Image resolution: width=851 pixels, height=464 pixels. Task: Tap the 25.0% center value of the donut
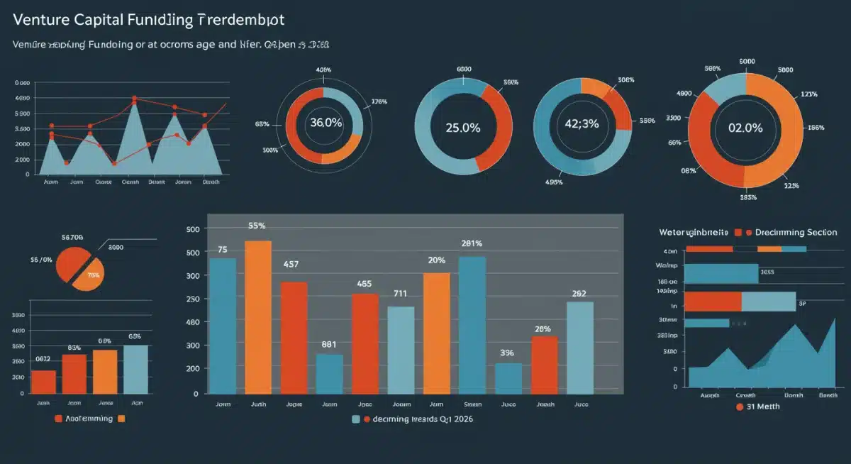click(462, 128)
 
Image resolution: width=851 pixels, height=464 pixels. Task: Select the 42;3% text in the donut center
click(581, 123)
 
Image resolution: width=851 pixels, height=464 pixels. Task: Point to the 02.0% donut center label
click(745, 128)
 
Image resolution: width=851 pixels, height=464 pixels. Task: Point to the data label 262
click(579, 293)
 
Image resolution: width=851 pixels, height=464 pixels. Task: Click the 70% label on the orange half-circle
click(93, 274)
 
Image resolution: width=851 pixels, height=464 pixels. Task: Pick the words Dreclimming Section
click(796, 233)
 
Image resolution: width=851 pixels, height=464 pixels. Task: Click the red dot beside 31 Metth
click(740, 407)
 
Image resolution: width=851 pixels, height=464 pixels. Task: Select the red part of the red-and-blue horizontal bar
click(713, 302)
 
